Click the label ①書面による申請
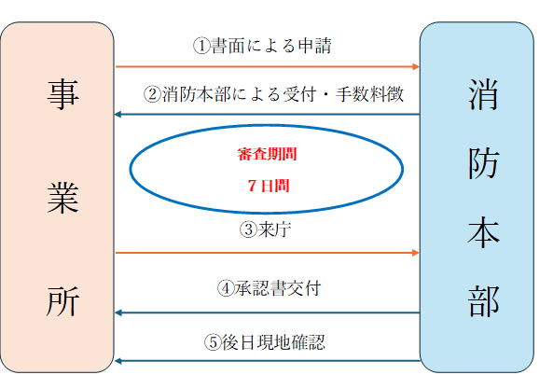click(262, 46)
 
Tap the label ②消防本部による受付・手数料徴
click(273, 94)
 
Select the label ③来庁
click(265, 229)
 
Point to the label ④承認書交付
click(269, 288)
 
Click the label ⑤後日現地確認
click(265, 341)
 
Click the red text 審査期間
click(267, 154)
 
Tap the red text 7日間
click(269, 186)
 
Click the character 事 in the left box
click(62, 94)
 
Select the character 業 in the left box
click(62, 198)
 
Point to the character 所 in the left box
click(62, 301)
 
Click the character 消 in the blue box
click(483, 94)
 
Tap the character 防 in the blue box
click(483, 163)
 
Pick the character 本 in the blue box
click(483, 231)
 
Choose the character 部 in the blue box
click(483, 301)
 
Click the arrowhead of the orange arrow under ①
click(416, 66)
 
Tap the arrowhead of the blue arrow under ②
click(118, 115)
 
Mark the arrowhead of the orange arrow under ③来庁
click(416, 253)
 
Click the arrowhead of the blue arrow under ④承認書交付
click(118, 312)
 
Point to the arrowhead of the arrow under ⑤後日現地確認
click(118, 361)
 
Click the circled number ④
click(226, 289)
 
